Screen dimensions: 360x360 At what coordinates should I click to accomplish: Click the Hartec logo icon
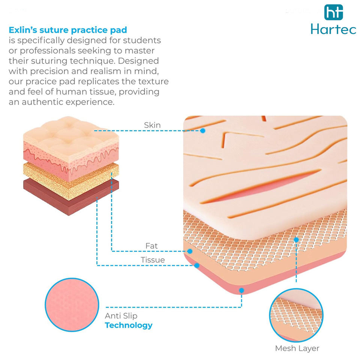pyautogui.click(x=333, y=12)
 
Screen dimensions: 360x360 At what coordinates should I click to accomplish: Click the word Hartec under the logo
pyautogui.click(x=334, y=29)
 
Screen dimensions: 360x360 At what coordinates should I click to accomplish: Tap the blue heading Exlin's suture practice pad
pyautogui.click(x=68, y=30)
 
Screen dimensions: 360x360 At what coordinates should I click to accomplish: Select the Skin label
pyautogui.click(x=152, y=125)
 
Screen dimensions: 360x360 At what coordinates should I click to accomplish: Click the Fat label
pyautogui.click(x=151, y=246)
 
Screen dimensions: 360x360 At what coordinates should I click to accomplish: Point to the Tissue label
pyautogui.click(x=153, y=260)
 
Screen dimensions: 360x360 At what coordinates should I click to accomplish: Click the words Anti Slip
pyautogui.click(x=121, y=316)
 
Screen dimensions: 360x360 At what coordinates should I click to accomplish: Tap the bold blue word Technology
pyautogui.click(x=129, y=325)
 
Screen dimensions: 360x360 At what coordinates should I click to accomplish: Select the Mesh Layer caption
pyautogui.click(x=297, y=348)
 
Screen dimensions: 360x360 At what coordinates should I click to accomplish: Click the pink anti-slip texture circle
pyautogui.click(x=72, y=304)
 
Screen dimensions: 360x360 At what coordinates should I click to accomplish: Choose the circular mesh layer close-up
pyautogui.click(x=296, y=315)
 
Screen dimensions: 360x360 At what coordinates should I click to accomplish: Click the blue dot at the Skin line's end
pyautogui.click(x=202, y=130)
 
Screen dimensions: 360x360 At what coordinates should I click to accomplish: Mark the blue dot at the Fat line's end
pyautogui.click(x=190, y=251)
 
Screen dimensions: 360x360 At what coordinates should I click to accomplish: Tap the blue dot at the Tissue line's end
pyautogui.click(x=197, y=265)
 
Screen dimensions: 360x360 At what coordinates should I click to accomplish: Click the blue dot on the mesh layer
pyautogui.click(x=296, y=240)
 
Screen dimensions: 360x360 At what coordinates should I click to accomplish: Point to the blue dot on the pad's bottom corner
pyautogui.click(x=241, y=290)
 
